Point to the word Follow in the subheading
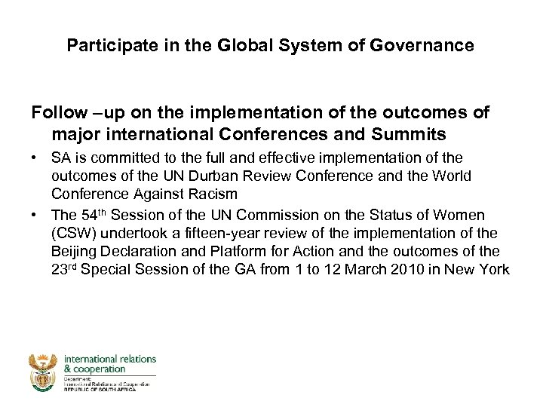point(60,113)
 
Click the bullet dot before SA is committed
point(36,158)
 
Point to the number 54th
point(90,216)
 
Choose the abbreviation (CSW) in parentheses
point(74,234)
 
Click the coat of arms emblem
point(43,372)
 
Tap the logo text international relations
point(110,359)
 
